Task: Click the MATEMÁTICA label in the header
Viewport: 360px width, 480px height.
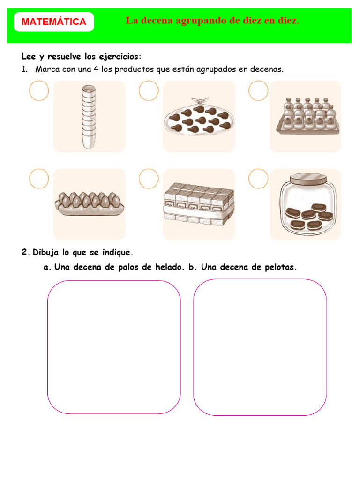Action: coord(54,22)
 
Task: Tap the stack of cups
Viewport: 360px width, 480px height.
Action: coord(88,117)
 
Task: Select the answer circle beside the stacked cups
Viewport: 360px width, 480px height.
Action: coord(39,90)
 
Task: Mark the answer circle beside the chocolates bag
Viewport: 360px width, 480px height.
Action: coord(149,90)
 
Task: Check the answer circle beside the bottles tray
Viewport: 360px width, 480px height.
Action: coord(258,90)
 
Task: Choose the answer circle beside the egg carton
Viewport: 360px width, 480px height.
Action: coord(39,179)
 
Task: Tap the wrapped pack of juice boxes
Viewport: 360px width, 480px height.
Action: coord(199,203)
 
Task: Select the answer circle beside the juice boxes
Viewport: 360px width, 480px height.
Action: coord(149,179)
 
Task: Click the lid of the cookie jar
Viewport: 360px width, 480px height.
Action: coord(310,180)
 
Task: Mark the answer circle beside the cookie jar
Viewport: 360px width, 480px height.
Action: coord(258,179)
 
